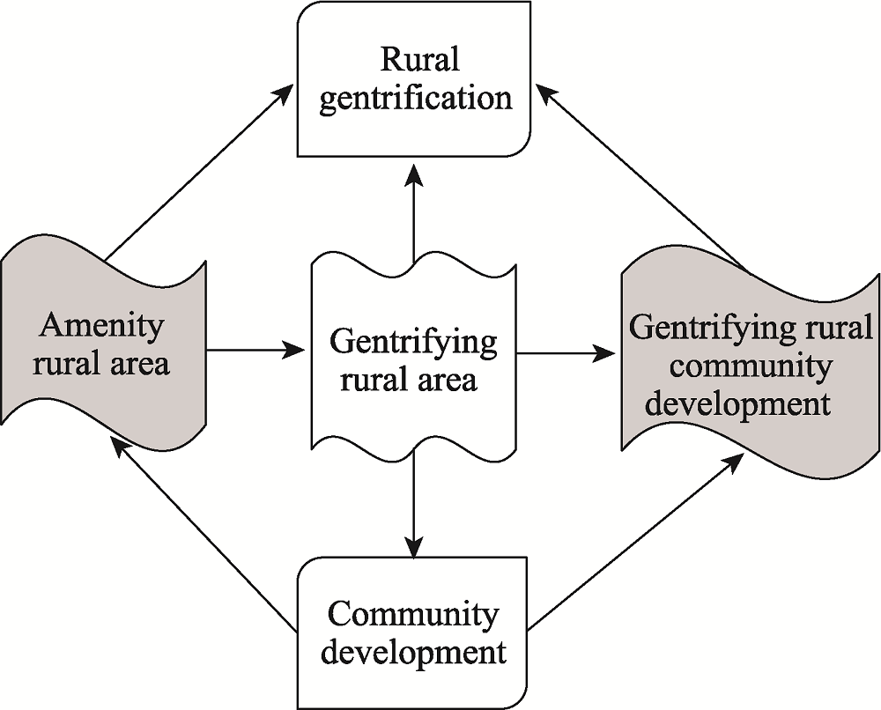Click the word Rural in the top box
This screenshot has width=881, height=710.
click(x=420, y=61)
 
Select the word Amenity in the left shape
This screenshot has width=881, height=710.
click(x=101, y=326)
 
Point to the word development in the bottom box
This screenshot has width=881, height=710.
click(x=413, y=652)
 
